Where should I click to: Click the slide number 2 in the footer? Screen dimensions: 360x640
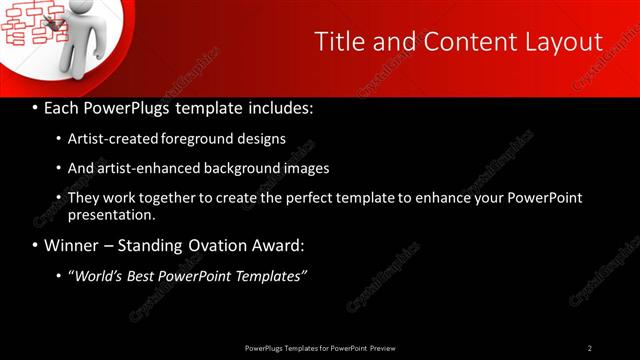[590, 348]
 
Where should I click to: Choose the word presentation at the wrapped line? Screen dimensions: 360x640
[111, 214]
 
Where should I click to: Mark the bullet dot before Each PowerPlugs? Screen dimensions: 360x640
[35, 107]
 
